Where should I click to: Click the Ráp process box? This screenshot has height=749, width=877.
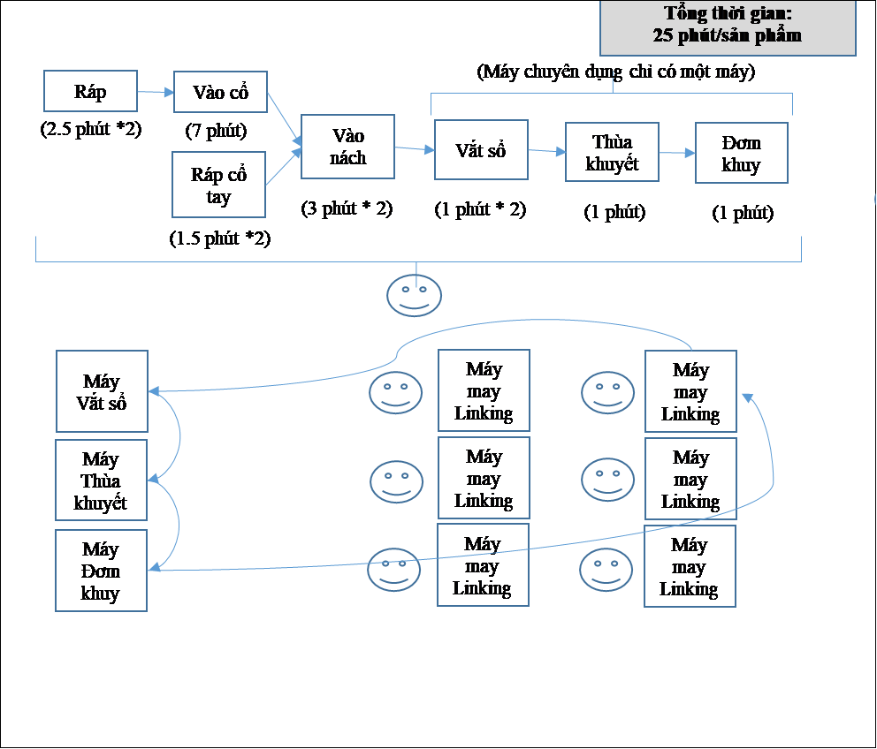tap(90, 91)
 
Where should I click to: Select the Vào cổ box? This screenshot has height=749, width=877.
tap(220, 92)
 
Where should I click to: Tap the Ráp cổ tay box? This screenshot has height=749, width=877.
tap(218, 185)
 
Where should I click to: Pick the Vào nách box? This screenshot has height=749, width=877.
tap(348, 147)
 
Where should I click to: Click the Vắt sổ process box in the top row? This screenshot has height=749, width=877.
tap(481, 150)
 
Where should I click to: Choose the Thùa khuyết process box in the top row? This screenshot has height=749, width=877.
tap(612, 152)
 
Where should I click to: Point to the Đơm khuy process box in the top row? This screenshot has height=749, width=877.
tap(742, 153)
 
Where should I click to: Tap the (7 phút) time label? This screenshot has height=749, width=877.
tap(216, 131)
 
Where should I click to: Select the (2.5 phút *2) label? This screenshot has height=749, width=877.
tap(90, 129)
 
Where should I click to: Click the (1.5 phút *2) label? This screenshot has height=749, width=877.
tap(220, 238)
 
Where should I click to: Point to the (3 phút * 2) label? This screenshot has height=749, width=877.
tap(347, 208)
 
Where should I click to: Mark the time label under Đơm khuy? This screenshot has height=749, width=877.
tap(743, 213)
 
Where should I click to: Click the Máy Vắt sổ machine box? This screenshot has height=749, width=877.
tap(102, 391)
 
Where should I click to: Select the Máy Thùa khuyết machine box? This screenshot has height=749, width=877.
tap(102, 480)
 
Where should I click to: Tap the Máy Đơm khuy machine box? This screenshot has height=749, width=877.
tap(102, 571)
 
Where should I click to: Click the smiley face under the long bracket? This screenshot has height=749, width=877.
tap(415, 295)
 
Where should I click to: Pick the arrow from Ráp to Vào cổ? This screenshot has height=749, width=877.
tap(156, 92)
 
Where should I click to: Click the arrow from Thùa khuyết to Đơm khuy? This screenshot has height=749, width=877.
tap(677, 153)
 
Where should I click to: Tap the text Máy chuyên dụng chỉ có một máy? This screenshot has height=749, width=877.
tap(616, 72)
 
